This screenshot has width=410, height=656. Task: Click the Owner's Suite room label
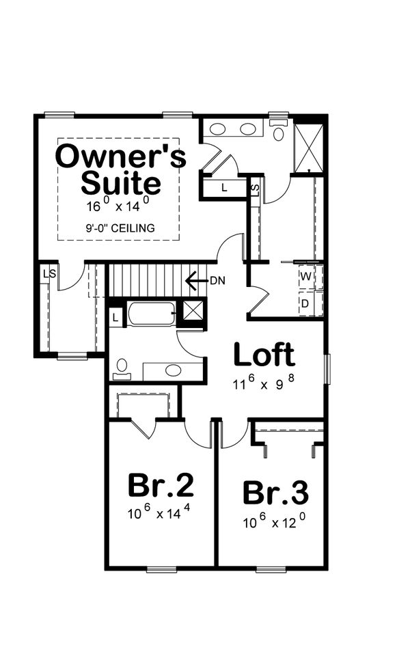tap(120, 169)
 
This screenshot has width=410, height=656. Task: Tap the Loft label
tap(264, 355)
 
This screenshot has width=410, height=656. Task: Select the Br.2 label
tap(161, 485)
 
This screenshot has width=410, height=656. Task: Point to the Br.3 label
tap(275, 492)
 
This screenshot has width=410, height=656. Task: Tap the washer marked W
tap(306, 277)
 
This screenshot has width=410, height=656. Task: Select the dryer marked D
tap(306, 303)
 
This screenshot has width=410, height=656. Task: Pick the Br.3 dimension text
tap(274, 523)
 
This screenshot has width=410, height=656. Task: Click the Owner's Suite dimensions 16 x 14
tap(118, 205)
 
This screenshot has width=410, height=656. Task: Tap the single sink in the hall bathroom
tap(174, 371)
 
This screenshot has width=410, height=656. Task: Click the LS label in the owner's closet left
tap(49, 273)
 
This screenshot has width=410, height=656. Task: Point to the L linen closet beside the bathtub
tap(115, 317)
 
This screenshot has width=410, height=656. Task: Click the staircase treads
tap(147, 280)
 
